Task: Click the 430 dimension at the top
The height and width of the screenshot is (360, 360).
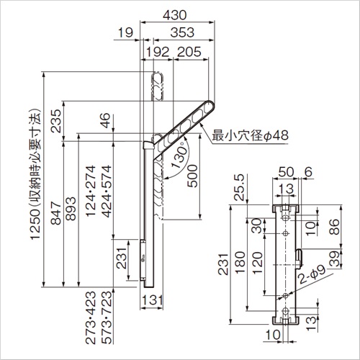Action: click(174, 15)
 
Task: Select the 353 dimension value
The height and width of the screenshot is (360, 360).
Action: click(182, 32)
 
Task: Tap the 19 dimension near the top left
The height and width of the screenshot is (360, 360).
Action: click(125, 32)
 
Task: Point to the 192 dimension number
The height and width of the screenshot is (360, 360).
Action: click(158, 52)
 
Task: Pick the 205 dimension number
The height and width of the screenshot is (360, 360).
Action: click(189, 52)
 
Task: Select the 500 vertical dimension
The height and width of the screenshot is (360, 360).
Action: click(192, 176)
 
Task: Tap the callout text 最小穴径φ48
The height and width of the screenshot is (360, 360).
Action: click(250, 135)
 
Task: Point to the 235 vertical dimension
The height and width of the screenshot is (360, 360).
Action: click(57, 121)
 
